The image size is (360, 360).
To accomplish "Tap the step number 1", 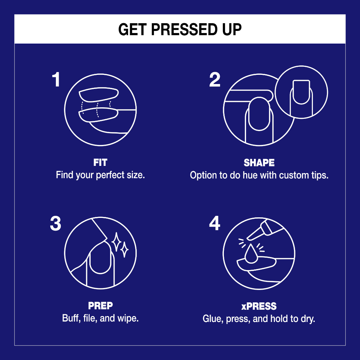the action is (56, 79).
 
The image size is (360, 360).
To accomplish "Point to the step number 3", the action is (56, 223).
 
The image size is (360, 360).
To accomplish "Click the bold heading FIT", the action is (100, 162).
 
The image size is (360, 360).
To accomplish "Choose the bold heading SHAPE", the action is (259, 163).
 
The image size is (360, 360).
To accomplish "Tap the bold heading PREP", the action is (101, 306).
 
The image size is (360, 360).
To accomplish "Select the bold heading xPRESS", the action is (259, 306).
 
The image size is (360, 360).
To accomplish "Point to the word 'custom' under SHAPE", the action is (294, 175).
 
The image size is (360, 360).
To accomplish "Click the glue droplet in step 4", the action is (251, 253).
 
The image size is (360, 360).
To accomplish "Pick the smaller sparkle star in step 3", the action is (125, 250).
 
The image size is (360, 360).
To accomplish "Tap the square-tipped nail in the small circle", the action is (301, 92).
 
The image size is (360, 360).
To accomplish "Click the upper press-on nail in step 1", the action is (99, 94).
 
